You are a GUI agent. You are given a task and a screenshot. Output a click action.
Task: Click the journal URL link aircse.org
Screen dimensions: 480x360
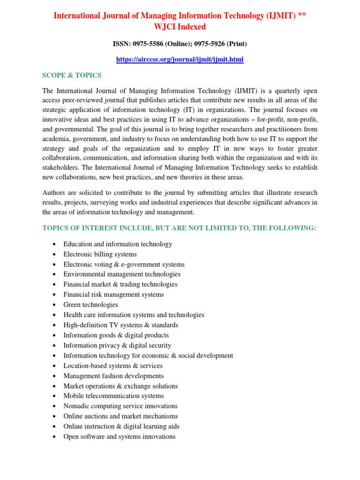180,60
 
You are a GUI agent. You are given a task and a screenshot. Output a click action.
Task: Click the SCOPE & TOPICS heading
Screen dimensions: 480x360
72,75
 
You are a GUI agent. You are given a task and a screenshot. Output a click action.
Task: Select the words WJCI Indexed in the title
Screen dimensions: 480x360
180,27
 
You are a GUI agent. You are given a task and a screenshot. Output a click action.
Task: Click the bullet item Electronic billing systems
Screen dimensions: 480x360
100,254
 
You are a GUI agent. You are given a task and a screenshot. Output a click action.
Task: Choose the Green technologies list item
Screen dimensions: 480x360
90,305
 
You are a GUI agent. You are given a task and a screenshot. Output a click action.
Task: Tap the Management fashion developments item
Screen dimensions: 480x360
113,376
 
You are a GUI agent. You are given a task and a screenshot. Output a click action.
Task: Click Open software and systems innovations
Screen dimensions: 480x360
119,436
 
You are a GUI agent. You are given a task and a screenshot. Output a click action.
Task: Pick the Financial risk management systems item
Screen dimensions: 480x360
113,294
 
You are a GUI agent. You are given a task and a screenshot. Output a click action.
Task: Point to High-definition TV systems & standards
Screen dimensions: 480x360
120,325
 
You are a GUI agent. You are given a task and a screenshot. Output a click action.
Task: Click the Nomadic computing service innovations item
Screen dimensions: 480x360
120,406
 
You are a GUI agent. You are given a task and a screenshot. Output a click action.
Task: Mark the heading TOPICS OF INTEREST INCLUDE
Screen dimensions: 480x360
179,228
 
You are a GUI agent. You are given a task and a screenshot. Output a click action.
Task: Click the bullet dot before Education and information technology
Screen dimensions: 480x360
55,244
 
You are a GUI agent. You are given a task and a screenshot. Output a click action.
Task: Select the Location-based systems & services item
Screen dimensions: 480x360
113,366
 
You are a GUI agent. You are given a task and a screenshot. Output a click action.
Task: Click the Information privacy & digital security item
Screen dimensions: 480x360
117,345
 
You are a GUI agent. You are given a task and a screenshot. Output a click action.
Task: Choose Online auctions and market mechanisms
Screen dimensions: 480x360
120,416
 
